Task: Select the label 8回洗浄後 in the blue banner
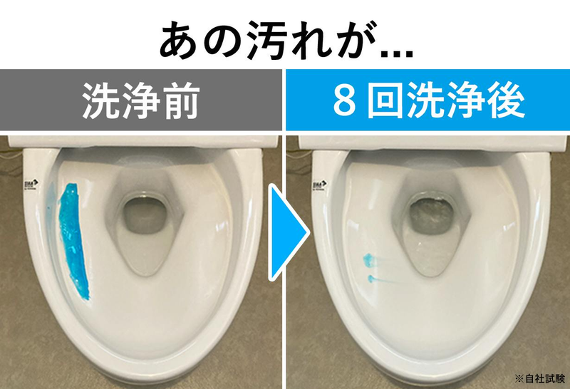[427, 100]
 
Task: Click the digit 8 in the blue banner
[343, 101]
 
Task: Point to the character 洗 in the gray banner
[102, 100]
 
